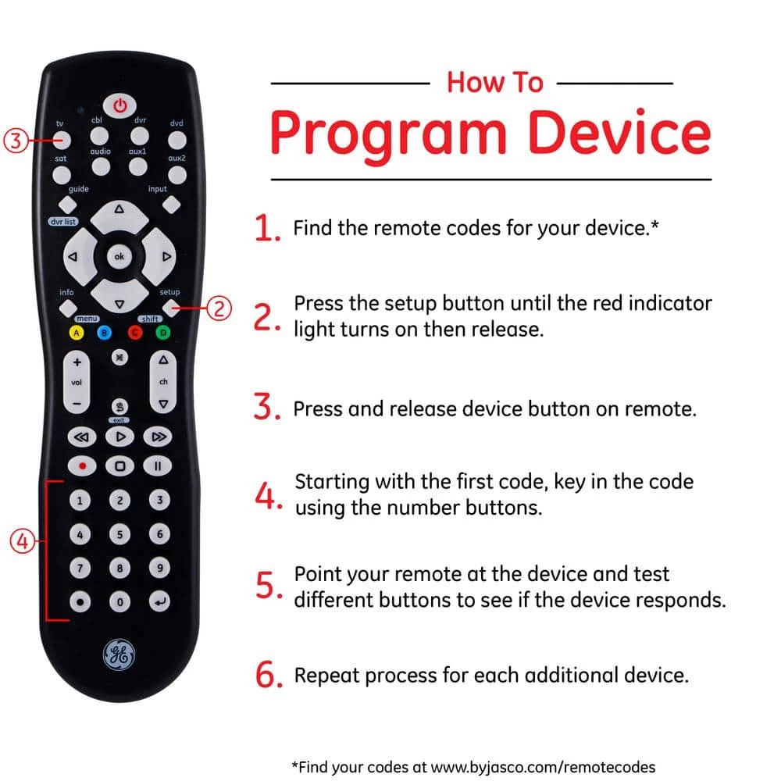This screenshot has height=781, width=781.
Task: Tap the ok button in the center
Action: coord(119,257)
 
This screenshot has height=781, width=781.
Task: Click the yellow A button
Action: coord(77,333)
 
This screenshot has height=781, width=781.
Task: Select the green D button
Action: coord(163,332)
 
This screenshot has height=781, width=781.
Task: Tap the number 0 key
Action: coord(119,601)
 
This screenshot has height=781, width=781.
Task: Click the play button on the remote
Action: coord(120,437)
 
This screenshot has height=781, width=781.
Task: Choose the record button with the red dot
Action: coord(82,466)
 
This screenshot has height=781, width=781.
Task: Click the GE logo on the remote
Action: coord(119,654)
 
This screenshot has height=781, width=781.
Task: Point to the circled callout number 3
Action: coord(16,141)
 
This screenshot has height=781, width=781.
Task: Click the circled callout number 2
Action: coord(219,308)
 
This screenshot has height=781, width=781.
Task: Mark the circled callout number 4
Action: coord(23,541)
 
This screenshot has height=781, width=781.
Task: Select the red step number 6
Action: coord(269,675)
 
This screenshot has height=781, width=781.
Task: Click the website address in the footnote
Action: coord(543,767)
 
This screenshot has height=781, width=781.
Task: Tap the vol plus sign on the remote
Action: coord(77,362)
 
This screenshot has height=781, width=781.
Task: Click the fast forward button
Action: coord(158,437)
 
